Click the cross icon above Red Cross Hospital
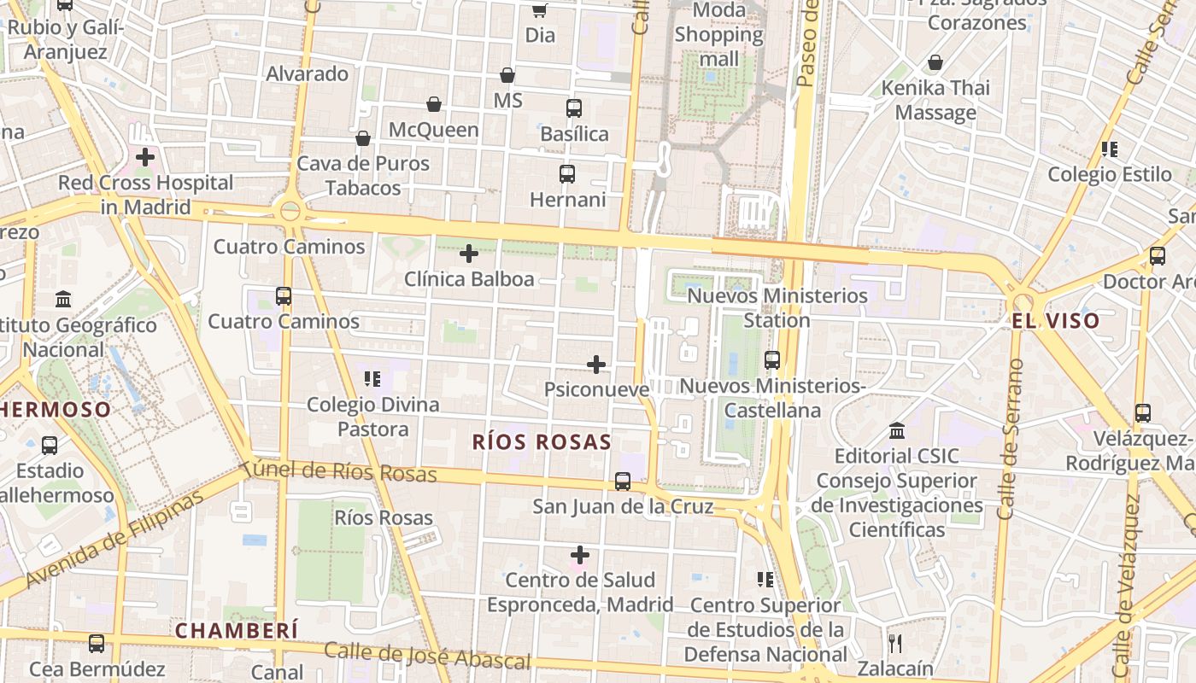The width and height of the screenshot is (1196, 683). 145,157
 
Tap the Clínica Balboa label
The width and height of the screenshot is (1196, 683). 469,279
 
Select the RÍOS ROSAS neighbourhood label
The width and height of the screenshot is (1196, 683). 542,442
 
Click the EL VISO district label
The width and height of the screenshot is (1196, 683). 1055,322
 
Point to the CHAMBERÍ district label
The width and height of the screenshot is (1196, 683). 237,631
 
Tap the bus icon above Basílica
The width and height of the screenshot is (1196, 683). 574,108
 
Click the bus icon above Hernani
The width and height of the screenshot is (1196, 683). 567,174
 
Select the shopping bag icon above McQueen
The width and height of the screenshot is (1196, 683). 434,104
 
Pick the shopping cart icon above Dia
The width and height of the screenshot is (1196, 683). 539,10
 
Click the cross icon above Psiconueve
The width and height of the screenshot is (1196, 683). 596,365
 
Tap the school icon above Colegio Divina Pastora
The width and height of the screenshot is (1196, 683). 372,378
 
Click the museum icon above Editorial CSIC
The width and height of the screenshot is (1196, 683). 897,430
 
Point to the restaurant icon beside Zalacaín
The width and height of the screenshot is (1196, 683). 895,643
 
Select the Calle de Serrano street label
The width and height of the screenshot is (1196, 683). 1010,440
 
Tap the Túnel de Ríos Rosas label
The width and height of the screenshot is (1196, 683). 339,472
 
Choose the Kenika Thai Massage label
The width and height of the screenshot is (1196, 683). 935,100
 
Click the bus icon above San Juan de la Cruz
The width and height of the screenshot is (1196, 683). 623,482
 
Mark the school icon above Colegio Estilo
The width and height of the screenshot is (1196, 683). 1110,149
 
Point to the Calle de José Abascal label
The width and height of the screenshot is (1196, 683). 427,655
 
